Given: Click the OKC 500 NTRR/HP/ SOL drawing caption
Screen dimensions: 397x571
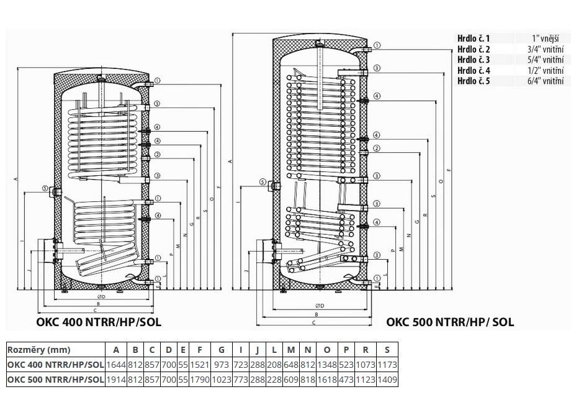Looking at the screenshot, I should pos(450,322).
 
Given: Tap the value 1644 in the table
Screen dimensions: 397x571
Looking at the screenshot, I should pos(116,365).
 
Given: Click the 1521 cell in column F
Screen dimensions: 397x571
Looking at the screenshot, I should pos(199,365).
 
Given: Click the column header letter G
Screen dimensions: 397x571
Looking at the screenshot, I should pos(222,350).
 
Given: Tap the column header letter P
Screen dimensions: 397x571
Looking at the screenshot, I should pos(346,350).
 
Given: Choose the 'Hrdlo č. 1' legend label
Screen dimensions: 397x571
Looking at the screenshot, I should pos(474,39).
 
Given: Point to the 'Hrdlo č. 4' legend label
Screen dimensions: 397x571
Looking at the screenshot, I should pos(474,70).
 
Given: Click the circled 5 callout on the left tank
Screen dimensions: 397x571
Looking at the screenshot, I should pos(45,188).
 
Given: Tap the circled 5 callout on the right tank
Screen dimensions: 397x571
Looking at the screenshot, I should pos(263,182).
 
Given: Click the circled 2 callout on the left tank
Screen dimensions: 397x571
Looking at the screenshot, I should pos(158,155).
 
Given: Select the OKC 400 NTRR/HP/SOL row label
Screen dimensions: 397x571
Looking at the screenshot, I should pos(55,365).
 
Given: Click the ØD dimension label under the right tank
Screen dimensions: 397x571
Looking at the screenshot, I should pos(320,306).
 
